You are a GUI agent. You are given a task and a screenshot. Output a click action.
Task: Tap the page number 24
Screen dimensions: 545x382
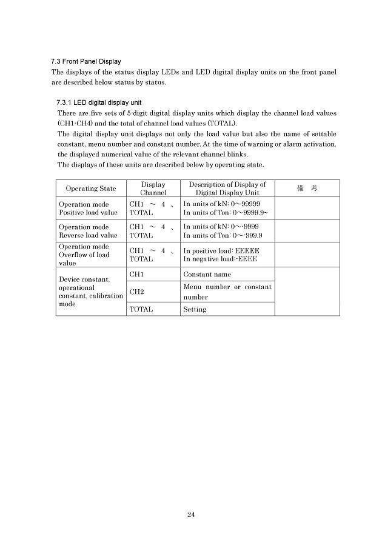click(190, 515)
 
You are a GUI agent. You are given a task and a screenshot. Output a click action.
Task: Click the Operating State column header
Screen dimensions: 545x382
click(90, 189)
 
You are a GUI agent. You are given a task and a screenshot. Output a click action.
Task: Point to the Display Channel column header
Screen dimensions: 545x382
click(153, 189)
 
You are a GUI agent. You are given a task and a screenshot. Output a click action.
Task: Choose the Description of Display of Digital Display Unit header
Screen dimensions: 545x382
click(227, 189)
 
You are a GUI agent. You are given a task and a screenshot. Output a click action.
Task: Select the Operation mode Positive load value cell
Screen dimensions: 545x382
click(88, 209)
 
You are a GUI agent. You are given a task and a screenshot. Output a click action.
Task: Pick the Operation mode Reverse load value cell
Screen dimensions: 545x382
click(88, 231)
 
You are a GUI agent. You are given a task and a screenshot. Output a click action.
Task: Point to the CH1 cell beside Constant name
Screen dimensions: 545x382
click(137, 275)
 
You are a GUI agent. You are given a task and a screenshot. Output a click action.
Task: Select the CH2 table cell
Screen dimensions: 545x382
click(137, 292)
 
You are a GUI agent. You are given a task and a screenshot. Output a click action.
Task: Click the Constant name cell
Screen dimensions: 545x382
click(206, 275)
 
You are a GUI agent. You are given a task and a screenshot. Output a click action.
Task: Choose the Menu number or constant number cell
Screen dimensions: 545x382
click(227, 292)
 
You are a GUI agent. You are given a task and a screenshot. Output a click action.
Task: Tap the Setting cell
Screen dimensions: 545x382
click(195, 309)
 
